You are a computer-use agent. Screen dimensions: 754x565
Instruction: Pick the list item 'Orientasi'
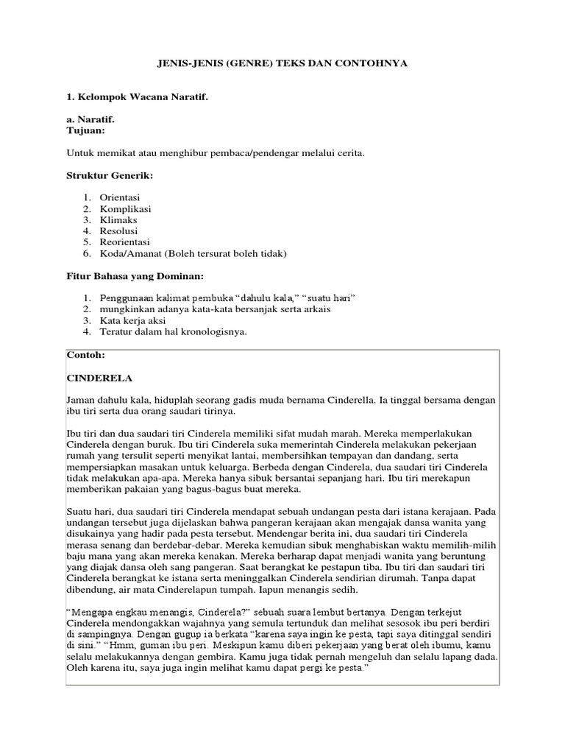pyautogui.click(x=120, y=197)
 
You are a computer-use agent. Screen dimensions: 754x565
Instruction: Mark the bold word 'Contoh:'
pyautogui.click(x=86, y=354)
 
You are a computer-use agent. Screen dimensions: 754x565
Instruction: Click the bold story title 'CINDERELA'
pyautogui.click(x=99, y=378)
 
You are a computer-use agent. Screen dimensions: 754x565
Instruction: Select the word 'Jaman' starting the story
pyautogui.click(x=80, y=400)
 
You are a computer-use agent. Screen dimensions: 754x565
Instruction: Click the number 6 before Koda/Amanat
pyautogui.click(x=86, y=253)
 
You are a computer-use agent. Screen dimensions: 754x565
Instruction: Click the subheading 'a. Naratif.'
pyautogui.click(x=90, y=119)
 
